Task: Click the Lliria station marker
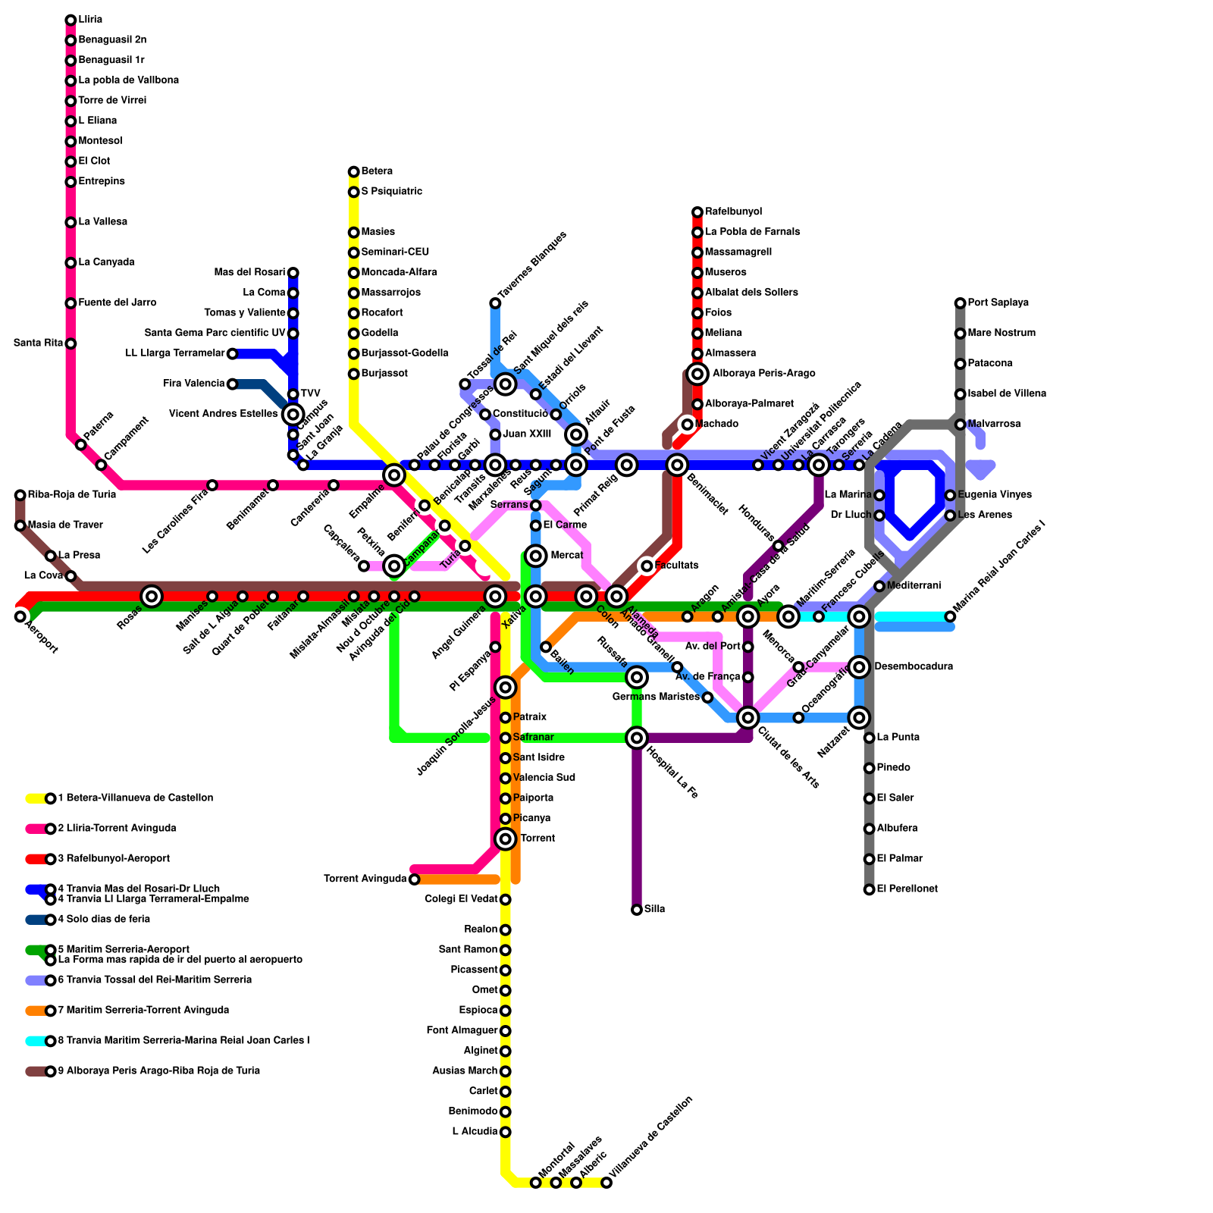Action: [x=71, y=20]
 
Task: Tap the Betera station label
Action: [x=377, y=171]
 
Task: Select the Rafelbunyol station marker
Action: [x=697, y=212]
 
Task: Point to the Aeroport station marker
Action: [x=20, y=616]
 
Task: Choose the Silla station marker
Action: [x=637, y=910]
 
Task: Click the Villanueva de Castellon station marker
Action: [x=606, y=1183]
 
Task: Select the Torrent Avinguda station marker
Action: [x=414, y=879]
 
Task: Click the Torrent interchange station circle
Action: [x=506, y=838]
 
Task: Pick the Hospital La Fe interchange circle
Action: [x=637, y=738]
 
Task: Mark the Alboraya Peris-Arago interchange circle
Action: [x=697, y=374]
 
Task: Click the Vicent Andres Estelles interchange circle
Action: [x=293, y=414]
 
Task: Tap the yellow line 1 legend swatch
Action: [x=36, y=798]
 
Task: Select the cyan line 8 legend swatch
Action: [x=36, y=1041]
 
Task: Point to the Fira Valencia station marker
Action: [x=233, y=384]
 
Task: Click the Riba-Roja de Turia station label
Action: [x=71, y=495]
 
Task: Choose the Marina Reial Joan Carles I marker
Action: [x=950, y=616]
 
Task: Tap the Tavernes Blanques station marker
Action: [x=495, y=303]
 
